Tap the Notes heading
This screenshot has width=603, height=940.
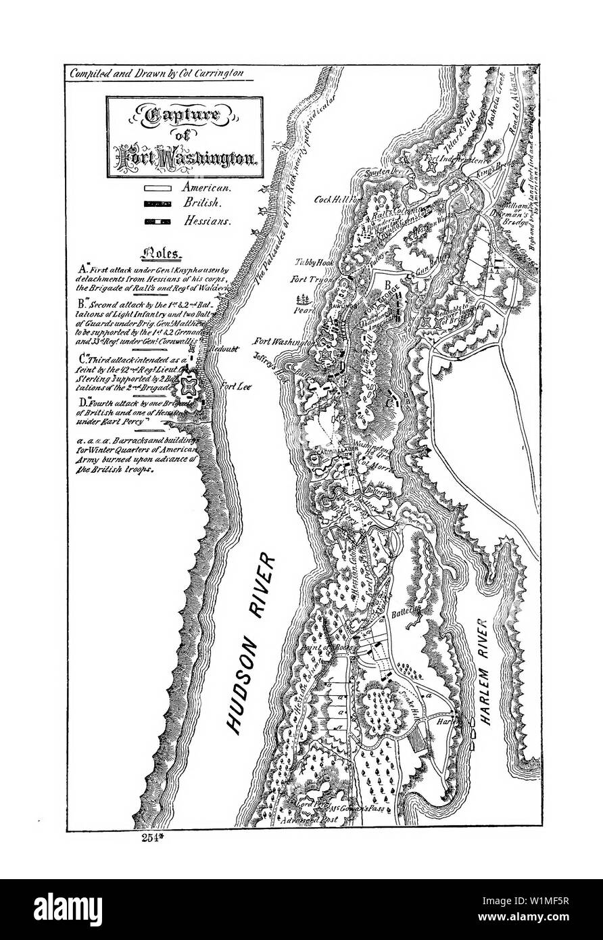160,255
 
